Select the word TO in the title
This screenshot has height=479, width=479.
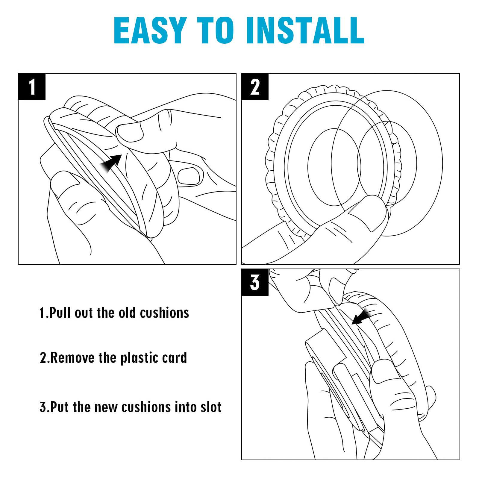click(x=215, y=31)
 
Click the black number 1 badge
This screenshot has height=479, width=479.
click(x=32, y=87)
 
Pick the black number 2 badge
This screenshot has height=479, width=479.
click(x=255, y=87)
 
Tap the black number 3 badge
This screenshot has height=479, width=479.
click(x=255, y=282)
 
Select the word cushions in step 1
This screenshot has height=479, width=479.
click(x=164, y=313)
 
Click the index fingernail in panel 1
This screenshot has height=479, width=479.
click(x=189, y=176)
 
